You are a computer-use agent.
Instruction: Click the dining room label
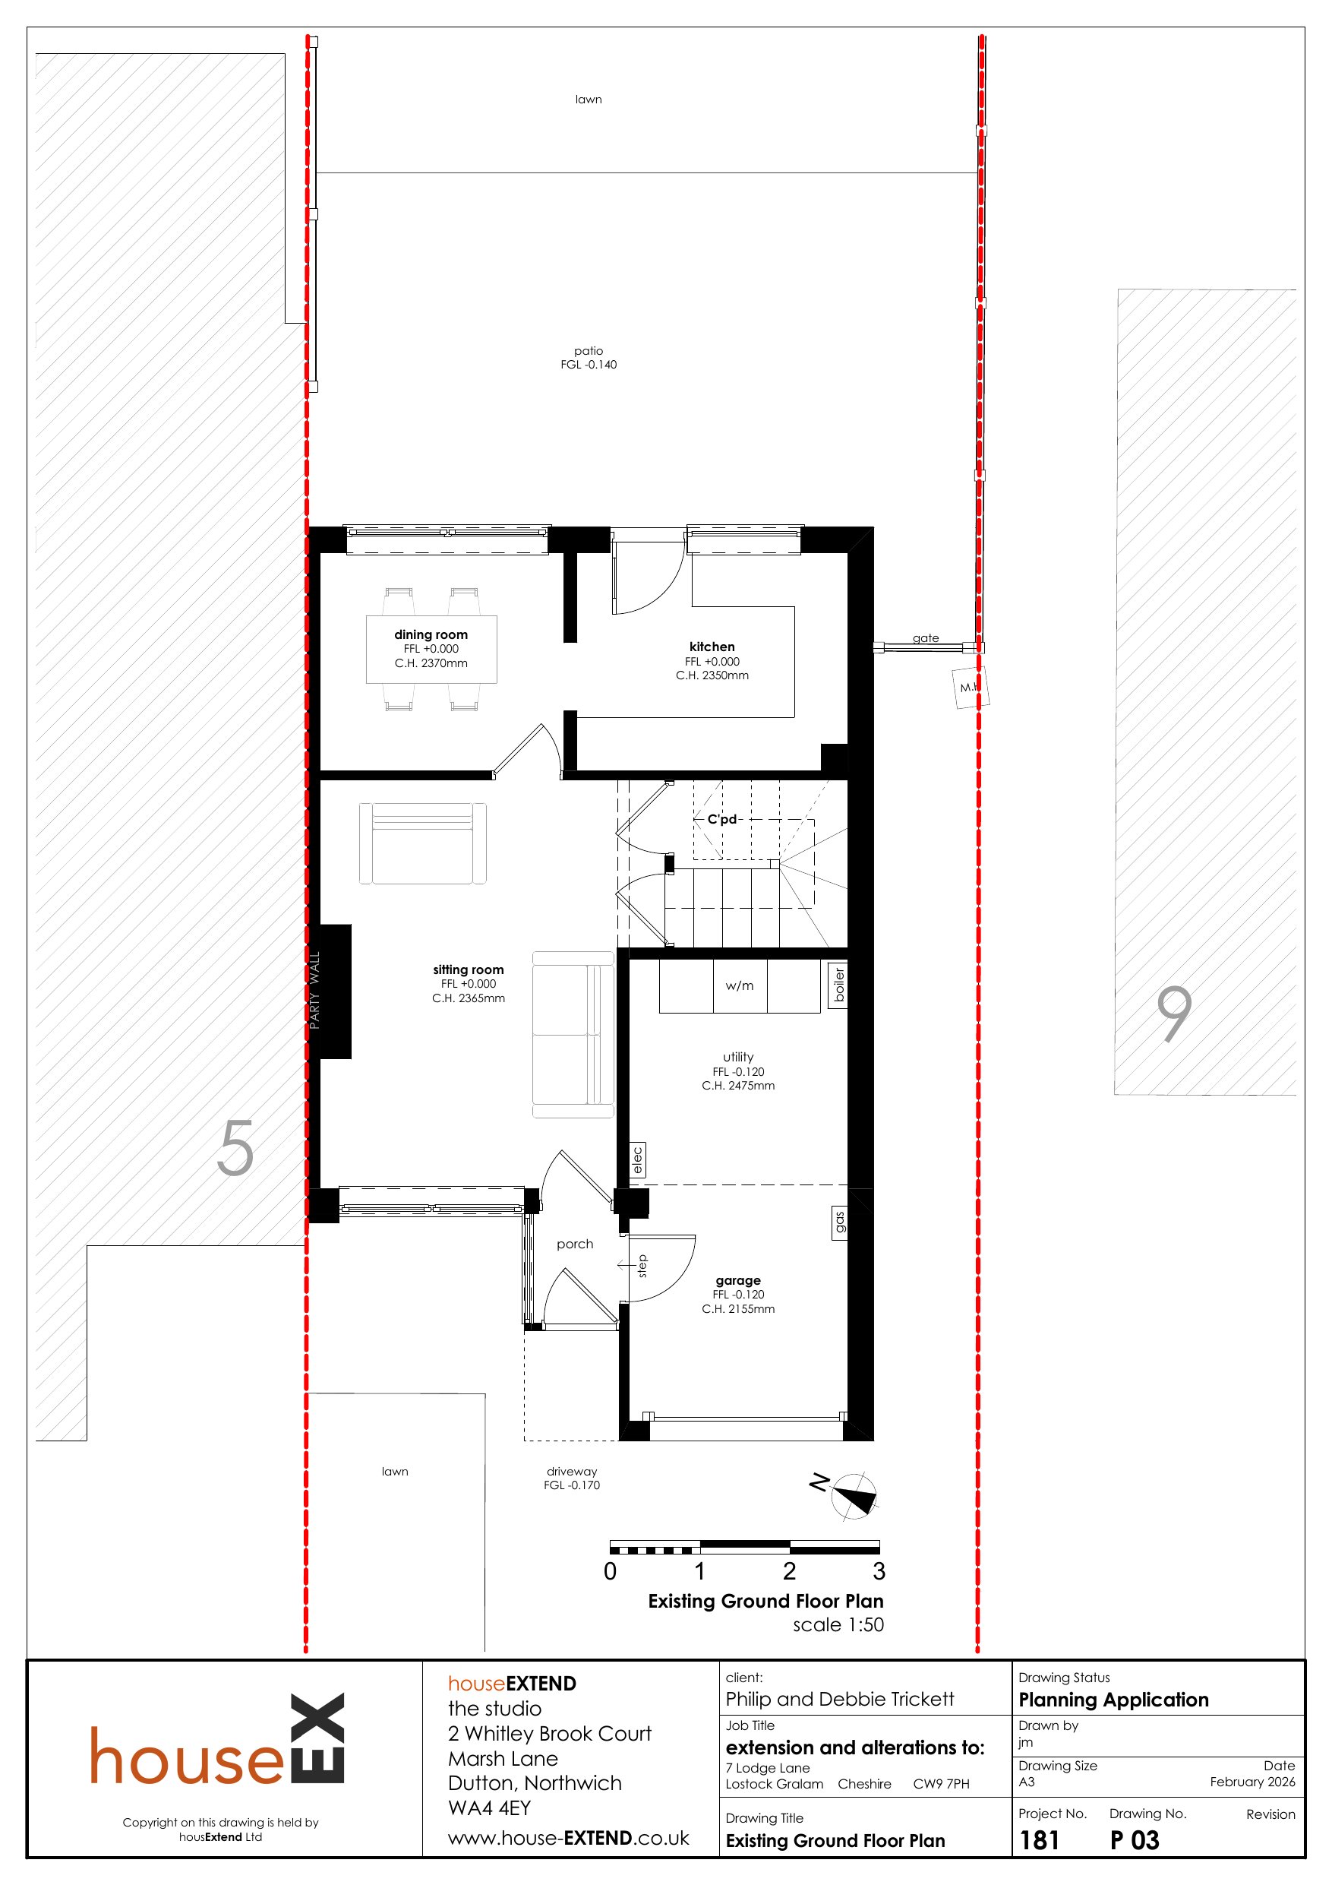click(x=431, y=634)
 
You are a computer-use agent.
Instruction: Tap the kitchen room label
click(x=712, y=647)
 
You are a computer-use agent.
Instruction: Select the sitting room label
click(x=468, y=969)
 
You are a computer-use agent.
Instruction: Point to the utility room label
click(x=738, y=1057)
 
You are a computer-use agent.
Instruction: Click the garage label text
click(x=738, y=1280)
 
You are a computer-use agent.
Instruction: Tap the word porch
click(x=575, y=1244)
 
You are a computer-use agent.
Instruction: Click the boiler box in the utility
click(x=838, y=985)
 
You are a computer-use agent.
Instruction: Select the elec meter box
click(x=638, y=1160)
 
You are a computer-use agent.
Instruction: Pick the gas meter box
click(x=838, y=1222)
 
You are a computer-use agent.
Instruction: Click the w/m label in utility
click(x=739, y=985)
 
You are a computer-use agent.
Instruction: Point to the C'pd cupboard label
click(x=722, y=818)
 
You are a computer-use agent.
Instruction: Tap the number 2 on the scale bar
click(x=790, y=1570)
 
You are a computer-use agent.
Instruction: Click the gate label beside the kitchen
click(x=926, y=638)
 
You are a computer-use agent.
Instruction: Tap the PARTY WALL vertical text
click(x=314, y=990)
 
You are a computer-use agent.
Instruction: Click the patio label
click(x=589, y=350)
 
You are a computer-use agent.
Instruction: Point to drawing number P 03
click(x=1135, y=1841)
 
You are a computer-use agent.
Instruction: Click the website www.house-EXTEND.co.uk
click(x=568, y=1838)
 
